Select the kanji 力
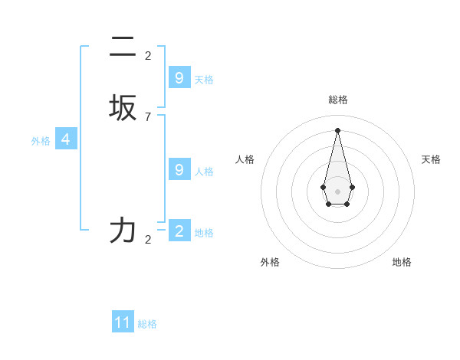point(123,230)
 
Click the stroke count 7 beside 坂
point(148,117)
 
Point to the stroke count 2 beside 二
point(148,55)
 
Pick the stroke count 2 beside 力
point(148,240)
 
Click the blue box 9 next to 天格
point(179,78)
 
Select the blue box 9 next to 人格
point(179,170)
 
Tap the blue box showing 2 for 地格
point(179,231)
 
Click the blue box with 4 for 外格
point(66,139)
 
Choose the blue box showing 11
point(123,322)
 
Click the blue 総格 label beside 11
point(147,324)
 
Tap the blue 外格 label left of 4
point(41,141)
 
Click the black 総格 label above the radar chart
point(338,100)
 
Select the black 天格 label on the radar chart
point(432,159)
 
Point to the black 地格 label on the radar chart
point(402,262)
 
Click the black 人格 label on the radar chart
point(245,159)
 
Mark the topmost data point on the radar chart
point(337,129)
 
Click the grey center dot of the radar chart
point(337,191)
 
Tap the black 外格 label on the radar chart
point(270,262)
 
